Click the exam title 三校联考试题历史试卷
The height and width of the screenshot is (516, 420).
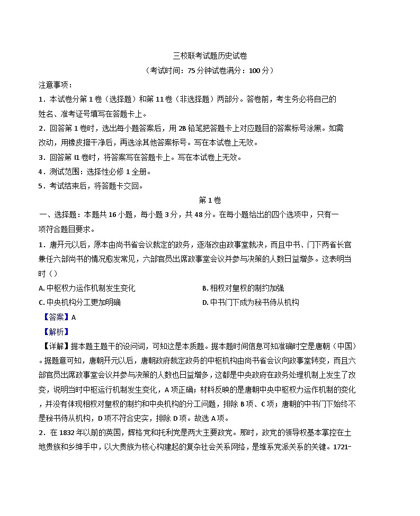pyautogui.click(x=210, y=56)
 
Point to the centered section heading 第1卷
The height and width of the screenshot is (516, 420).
pyautogui.click(x=210, y=200)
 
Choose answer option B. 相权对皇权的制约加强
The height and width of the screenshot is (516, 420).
pyautogui.click(x=243, y=288)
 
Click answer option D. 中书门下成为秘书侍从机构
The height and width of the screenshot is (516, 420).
pyautogui.click(x=251, y=302)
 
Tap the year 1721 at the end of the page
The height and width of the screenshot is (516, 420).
pyautogui.click(x=336, y=447)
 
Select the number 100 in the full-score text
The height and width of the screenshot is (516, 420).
pyautogui.click(x=255, y=70)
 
